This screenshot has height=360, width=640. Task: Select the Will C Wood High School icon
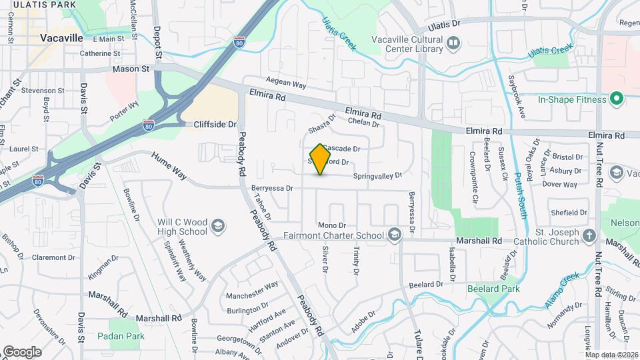(x=217, y=227)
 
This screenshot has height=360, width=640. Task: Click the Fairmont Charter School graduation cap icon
(x=395, y=235)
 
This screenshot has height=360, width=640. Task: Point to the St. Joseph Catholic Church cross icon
(x=589, y=235)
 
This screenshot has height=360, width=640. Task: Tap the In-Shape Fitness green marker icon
(x=617, y=99)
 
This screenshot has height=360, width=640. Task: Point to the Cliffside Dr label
(x=215, y=125)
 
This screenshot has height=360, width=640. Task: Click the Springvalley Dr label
(x=377, y=176)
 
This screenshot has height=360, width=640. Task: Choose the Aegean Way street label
(x=285, y=83)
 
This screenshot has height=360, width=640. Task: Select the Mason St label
(x=131, y=69)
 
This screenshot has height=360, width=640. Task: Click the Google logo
(x=22, y=351)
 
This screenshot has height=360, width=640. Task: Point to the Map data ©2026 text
(x=611, y=355)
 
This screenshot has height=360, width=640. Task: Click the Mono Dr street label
(x=332, y=226)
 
